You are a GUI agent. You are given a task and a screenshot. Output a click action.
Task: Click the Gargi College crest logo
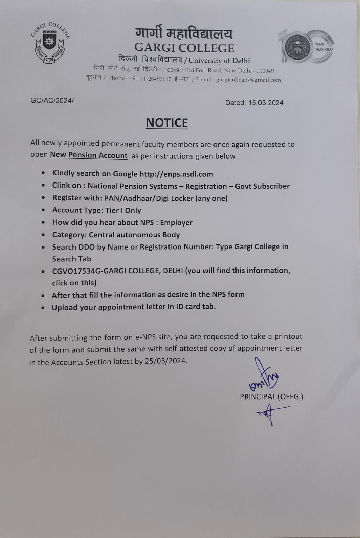50,43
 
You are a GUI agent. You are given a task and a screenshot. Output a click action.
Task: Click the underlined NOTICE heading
167,123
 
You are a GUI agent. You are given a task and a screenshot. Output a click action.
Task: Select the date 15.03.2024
266,103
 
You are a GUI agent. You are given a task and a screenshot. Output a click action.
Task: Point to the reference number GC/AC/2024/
52,101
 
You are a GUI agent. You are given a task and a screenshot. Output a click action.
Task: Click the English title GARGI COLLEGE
184,48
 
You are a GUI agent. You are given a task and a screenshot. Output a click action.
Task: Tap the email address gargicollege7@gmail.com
248,80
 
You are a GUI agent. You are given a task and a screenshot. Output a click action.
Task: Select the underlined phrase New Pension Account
89,155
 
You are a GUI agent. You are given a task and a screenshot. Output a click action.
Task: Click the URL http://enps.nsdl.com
176,174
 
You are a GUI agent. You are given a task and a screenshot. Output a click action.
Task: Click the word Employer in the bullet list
176,223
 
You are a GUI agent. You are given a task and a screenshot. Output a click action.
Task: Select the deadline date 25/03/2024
165,361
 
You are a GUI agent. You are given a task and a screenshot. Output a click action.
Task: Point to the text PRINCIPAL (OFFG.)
271,397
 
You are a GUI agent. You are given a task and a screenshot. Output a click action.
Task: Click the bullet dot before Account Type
43,210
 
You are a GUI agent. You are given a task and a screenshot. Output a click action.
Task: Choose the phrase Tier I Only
123,210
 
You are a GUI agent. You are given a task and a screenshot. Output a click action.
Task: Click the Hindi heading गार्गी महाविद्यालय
184,34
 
